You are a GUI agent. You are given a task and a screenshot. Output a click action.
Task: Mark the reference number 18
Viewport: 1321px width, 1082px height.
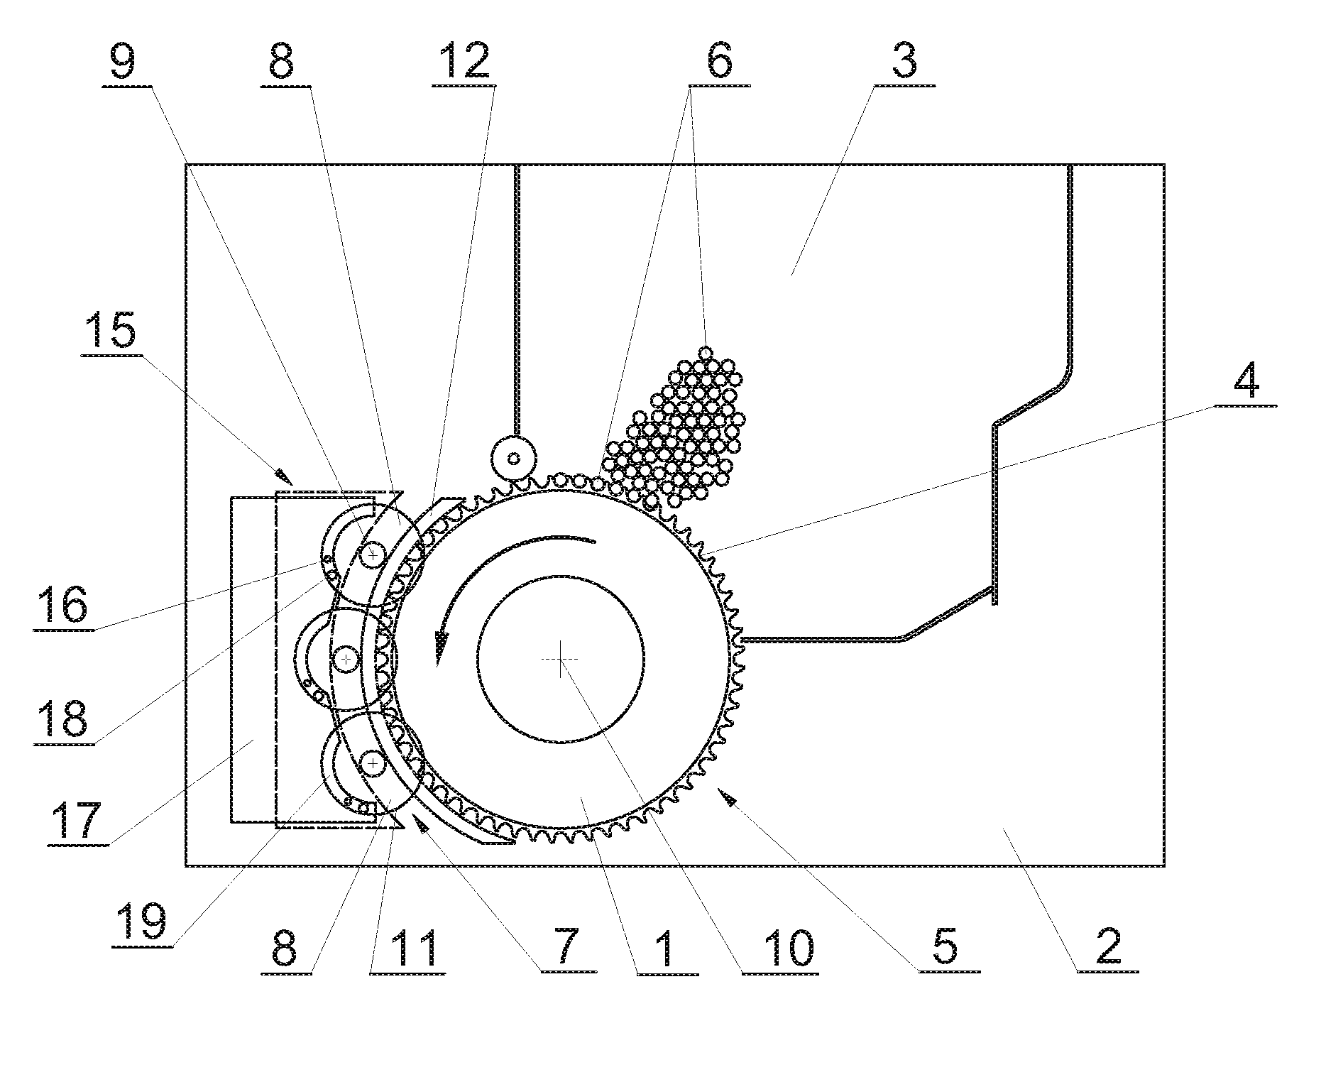coord(64,717)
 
